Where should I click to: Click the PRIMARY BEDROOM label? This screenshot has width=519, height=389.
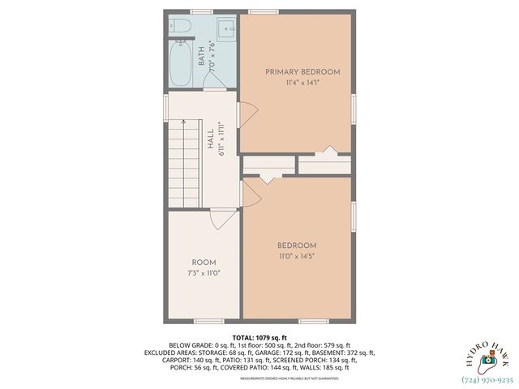[302, 72]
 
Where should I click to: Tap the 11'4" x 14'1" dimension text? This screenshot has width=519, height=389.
[302, 83]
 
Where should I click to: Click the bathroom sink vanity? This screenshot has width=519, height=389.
[225, 28]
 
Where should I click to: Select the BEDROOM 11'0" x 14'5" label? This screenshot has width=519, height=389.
[296, 250]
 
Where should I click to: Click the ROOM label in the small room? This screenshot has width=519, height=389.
[204, 263]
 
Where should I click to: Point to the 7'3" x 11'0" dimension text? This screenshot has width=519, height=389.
[204, 273]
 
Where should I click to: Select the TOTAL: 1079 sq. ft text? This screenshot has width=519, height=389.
[259, 337]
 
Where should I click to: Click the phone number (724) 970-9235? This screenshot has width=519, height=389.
[487, 378]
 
